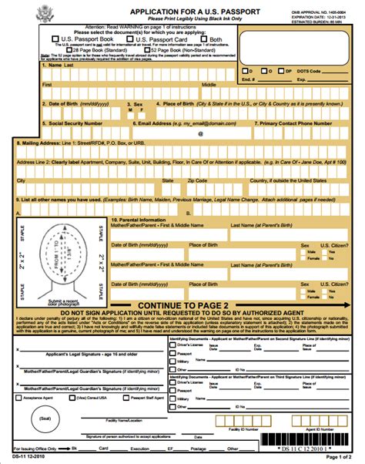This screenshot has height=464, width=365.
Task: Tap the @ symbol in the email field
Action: click(199, 133)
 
